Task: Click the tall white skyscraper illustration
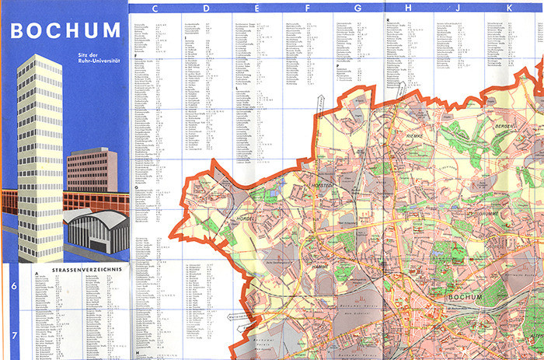[39, 148]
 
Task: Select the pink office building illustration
[92, 171]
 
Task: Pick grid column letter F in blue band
[308, 8]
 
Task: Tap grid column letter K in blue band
[510, 8]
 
